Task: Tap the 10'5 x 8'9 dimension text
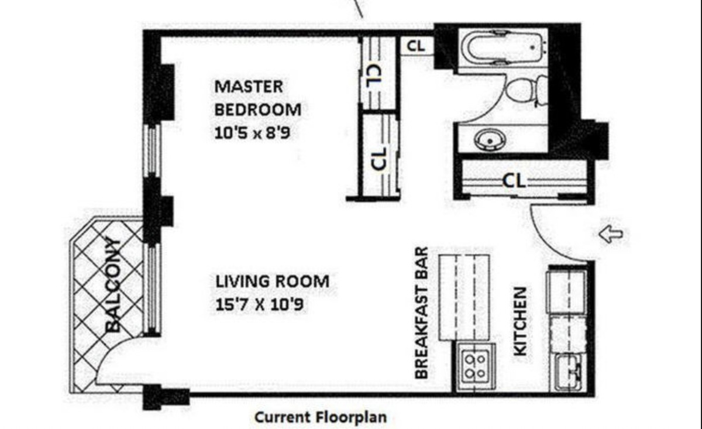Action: pos(253,133)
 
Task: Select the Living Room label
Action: pos(272,282)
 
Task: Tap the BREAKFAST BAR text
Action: pos(422,313)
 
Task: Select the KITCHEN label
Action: pos(520,321)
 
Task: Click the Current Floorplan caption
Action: pos(320,418)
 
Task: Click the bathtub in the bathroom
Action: pos(502,47)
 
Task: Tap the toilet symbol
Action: pos(524,91)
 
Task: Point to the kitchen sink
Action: pos(569,372)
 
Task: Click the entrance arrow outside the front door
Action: pos(611,235)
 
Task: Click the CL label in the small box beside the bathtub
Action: pos(417,46)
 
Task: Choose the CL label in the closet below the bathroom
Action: pos(514,180)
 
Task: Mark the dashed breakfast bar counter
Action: pos(463,297)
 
